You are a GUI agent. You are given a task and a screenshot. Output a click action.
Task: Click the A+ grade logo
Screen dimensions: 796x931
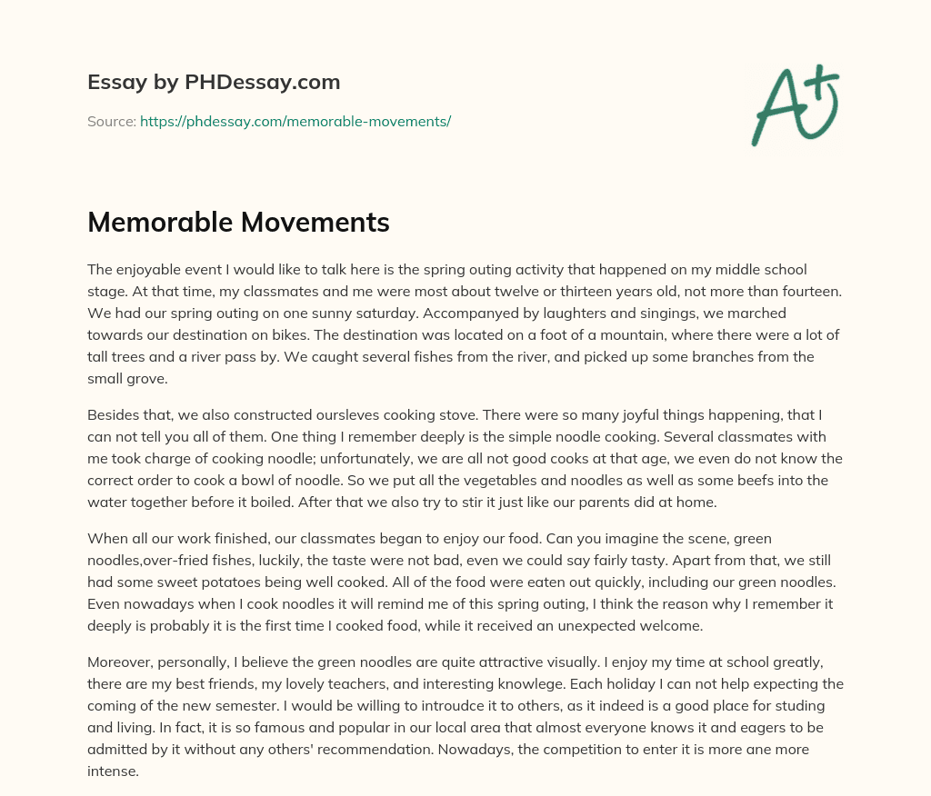[795, 104]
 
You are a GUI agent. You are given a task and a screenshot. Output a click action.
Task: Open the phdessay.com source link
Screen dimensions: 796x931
[295, 121]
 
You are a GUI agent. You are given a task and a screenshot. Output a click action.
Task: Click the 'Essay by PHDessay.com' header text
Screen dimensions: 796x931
[214, 82]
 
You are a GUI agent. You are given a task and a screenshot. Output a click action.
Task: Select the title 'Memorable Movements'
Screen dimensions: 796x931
[238, 222]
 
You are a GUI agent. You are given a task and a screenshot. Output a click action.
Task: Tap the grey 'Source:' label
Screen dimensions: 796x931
[111, 121]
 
